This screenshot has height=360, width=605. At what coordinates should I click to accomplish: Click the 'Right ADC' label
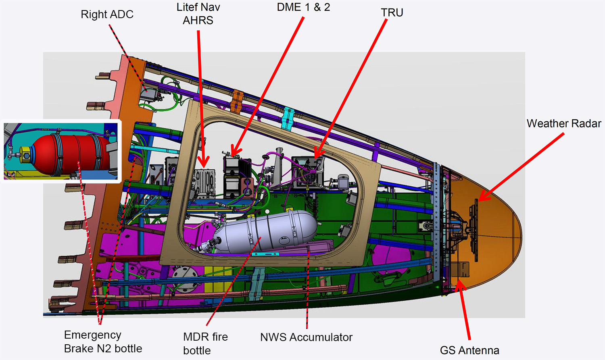click(107, 14)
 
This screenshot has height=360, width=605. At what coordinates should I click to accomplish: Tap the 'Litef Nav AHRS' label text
click(198, 14)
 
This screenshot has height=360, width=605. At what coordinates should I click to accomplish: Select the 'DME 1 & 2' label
click(304, 7)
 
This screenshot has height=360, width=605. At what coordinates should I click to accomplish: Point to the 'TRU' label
click(392, 12)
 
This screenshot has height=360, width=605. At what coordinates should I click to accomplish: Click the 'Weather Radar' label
click(564, 124)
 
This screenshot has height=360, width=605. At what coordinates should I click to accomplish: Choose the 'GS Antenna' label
click(469, 350)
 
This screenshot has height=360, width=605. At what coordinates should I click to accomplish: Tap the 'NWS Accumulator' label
click(306, 337)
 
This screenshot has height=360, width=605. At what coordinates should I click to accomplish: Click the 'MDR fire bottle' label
click(206, 343)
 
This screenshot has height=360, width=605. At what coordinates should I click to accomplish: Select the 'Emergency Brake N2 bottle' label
click(103, 341)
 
